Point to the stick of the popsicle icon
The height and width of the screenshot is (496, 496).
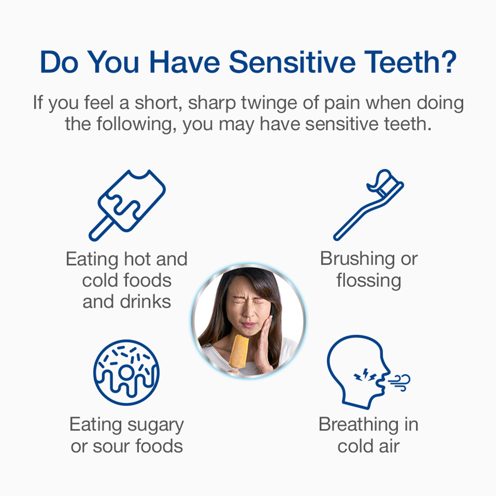pyautogui.click(x=101, y=228)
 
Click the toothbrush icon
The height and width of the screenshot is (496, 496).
pyautogui.click(x=369, y=205)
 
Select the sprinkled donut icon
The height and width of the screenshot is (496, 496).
pyautogui.click(x=126, y=372)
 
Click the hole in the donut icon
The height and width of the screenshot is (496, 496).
pyautogui.click(x=126, y=372)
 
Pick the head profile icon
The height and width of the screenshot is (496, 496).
pyautogui.click(x=358, y=372)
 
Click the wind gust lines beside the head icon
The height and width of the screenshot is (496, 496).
pyautogui.click(x=399, y=382)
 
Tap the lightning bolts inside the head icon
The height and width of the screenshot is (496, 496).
pyautogui.click(x=365, y=375)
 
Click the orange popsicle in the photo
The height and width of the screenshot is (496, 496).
pyautogui.click(x=239, y=352)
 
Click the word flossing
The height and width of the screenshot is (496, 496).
pyautogui.click(x=369, y=281)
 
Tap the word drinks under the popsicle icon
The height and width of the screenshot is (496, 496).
pyautogui.click(x=145, y=302)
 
